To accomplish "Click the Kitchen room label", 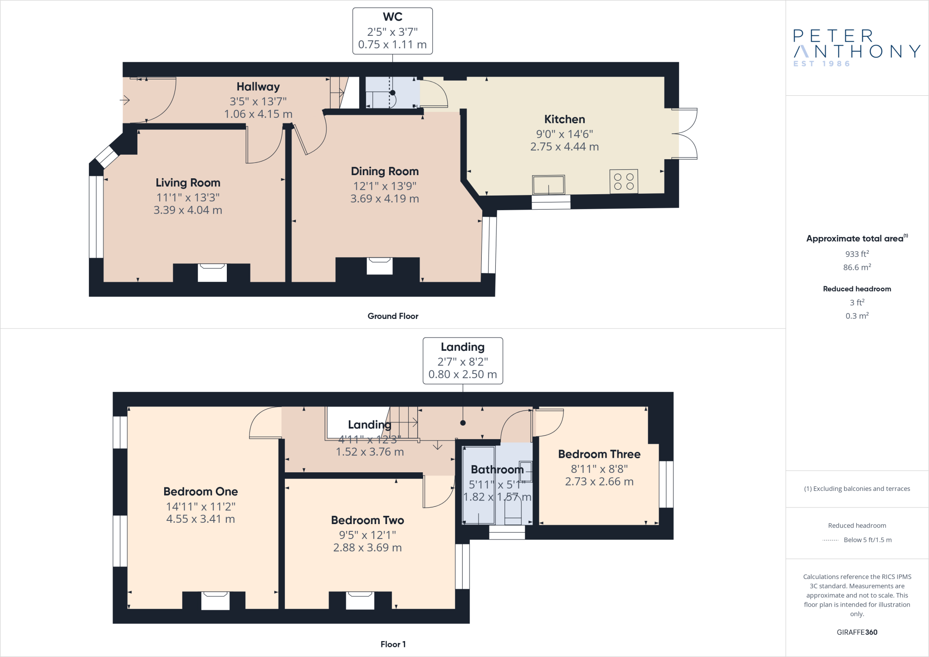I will (564, 119).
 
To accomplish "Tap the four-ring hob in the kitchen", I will (624, 181).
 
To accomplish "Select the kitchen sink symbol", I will (548, 185).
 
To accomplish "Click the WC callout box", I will (392, 31).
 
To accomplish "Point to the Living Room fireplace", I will (212, 273).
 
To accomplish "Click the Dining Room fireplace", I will (380, 266).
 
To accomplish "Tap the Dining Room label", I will (385, 172).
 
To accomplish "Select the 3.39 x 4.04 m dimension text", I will (188, 210).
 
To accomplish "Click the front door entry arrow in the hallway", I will (125, 100).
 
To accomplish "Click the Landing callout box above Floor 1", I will (463, 361).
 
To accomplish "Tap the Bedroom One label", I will (200, 492).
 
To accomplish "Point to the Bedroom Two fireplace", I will (360, 600).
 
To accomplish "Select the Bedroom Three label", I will (599, 454).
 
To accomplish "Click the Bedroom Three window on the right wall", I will (666, 484).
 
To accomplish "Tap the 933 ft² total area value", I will (857, 254).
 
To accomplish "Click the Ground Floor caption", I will (393, 316).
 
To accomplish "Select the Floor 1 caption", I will (393, 644).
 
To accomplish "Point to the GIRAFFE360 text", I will (857, 632).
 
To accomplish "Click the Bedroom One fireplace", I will (215, 600).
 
